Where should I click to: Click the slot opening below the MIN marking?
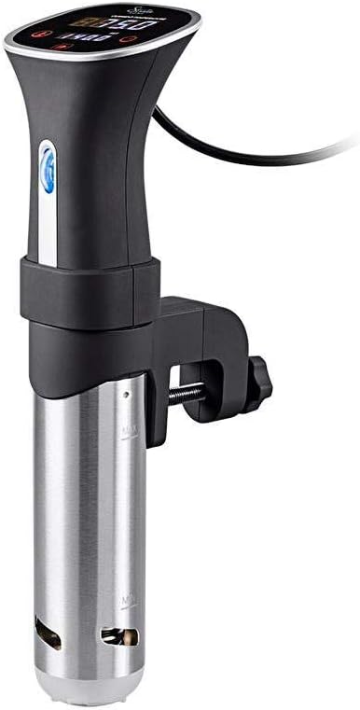pos(119,637)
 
